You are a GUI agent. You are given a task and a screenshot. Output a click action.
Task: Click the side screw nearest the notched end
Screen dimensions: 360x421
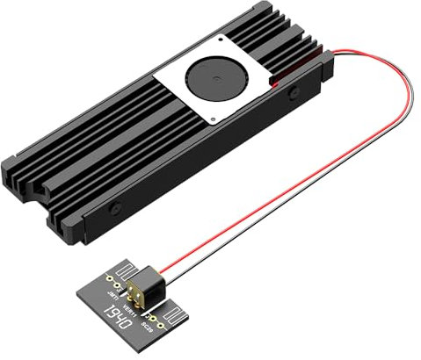click(x=117, y=211)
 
